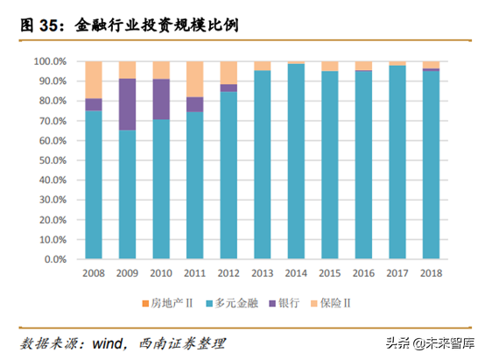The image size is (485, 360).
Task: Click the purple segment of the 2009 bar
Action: point(127,104)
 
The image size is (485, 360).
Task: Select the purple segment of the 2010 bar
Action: point(161,99)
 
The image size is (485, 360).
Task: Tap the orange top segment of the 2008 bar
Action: point(93,80)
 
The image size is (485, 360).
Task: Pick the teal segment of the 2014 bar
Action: point(295,162)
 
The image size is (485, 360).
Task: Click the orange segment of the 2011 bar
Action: point(194,79)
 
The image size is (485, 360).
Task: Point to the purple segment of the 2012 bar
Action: point(228,88)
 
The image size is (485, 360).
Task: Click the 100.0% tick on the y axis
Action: point(50,61)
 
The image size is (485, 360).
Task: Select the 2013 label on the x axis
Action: point(262,273)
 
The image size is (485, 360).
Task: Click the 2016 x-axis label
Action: point(362,273)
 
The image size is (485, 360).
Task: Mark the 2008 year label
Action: point(93,273)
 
